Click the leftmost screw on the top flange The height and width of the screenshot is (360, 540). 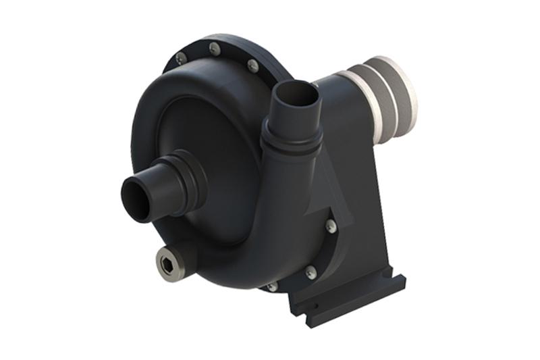tap(181, 59)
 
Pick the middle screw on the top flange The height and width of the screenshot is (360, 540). tap(215, 49)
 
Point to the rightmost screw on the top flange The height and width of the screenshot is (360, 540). tap(252, 66)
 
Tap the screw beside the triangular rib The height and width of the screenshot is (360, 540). tap(330, 226)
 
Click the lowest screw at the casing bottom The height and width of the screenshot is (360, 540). tap(272, 286)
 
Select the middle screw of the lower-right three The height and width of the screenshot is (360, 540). tap(310, 272)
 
